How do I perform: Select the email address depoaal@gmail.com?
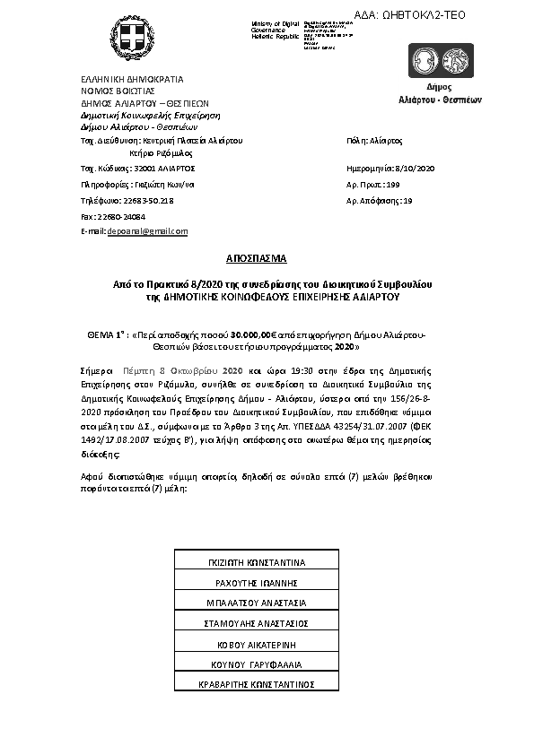pyautogui.click(x=147, y=230)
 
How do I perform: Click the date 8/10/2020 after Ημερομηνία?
pyautogui.click(x=416, y=168)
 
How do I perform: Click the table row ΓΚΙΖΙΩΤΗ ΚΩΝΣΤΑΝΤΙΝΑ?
pyautogui.click(x=256, y=562)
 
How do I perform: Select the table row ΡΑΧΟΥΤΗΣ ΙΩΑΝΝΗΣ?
pyautogui.click(x=256, y=583)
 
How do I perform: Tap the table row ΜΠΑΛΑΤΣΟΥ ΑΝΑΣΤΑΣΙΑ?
pyautogui.click(x=256, y=603)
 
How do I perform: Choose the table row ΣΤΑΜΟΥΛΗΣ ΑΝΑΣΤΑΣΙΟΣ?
pyautogui.click(x=256, y=623)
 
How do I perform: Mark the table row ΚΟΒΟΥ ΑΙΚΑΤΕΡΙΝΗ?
pyautogui.click(x=256, y=644)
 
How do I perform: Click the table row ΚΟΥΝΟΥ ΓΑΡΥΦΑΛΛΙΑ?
pyautogui.click(x=256, y=664)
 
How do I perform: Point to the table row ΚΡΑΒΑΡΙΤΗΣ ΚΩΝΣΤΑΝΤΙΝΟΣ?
pyautogui.click(x=256, y=684)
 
